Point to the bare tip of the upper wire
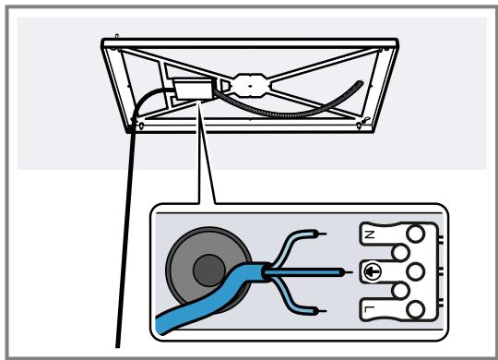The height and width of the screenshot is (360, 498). click(320, 234)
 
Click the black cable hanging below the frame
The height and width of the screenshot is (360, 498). click(129, 231)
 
